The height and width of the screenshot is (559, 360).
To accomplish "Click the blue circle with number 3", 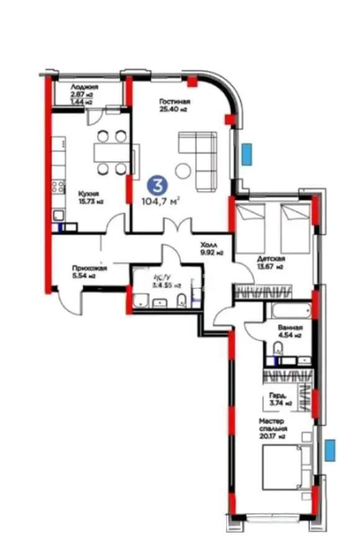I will coord(159,185).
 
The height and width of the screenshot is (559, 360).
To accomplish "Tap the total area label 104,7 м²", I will coord(160,201).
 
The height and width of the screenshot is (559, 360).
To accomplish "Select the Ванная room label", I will coord(290,327).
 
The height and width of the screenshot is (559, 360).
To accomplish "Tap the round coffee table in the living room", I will coord(182,170).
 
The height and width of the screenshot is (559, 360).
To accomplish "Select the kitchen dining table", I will coord(111,152).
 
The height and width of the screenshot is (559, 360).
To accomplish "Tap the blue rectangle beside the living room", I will coord(247,153).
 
